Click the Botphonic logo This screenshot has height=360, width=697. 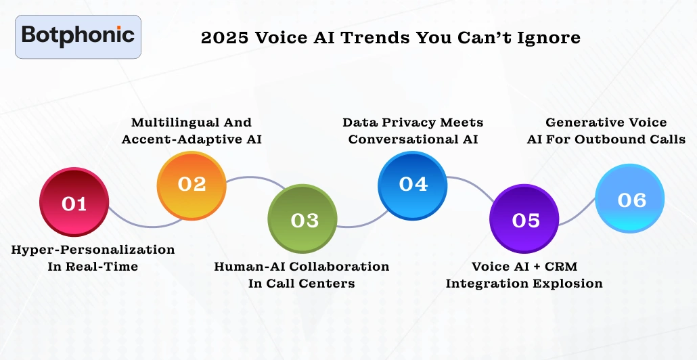click(x=78, y=37)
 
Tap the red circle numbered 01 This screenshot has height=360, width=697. click(x=74, y=203)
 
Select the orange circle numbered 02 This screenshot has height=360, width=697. click(x=192, y=184)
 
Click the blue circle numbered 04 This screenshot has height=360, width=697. click(x=413, y=184)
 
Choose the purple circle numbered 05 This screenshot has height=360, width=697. click(x=525, y=219)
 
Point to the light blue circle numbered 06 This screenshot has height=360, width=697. click(x=631, y=200)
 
